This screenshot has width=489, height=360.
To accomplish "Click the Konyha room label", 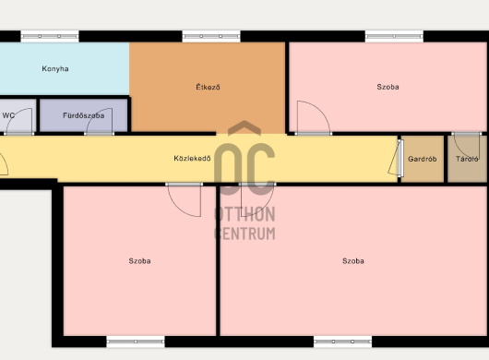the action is pos(55,69).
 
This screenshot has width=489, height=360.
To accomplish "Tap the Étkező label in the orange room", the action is pos(208,87).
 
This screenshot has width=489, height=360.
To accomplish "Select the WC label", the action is pos(8,115).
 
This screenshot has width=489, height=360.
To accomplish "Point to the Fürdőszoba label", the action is pos(84,115).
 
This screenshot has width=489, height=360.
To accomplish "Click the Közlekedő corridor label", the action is pos(192,158).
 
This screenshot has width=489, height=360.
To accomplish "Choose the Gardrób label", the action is pos(423,159).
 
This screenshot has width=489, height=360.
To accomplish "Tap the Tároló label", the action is pos(467,159).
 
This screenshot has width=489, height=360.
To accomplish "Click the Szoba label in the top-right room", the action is pos(388,87).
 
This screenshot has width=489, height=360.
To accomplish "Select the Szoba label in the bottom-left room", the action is pos(139,261).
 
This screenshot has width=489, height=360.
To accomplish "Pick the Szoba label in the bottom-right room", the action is pos(353,261).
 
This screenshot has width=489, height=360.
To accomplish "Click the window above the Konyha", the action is pos(50,36).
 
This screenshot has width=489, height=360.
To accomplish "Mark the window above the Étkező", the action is pos(211,36).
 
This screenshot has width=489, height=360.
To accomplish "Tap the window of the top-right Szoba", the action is pos(394,36).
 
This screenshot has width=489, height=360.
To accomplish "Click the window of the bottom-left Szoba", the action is pos(136,342).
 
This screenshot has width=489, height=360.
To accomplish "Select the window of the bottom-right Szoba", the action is pos(342,342).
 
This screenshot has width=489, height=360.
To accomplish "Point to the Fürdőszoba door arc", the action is pos(94,115).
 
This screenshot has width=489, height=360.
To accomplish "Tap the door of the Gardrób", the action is pos(396,157).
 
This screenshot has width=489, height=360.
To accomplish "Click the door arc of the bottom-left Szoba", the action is pos(178,208).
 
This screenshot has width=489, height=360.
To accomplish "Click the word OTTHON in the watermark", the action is pos(244,214).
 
